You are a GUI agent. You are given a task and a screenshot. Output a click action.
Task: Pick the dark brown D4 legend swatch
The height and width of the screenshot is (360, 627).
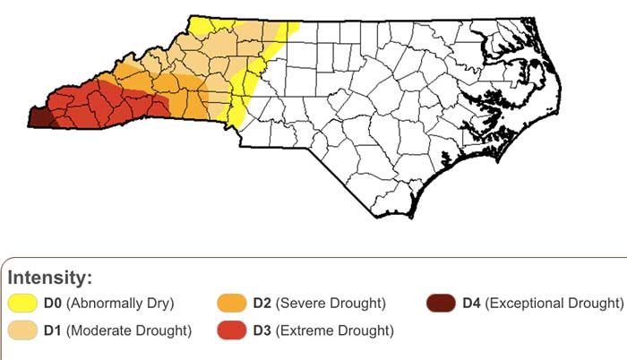click(442, 303)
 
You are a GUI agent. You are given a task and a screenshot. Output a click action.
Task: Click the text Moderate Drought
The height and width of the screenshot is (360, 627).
click(131, 331)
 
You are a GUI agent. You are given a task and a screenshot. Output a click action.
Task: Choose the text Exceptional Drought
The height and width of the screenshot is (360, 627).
click(554, 304)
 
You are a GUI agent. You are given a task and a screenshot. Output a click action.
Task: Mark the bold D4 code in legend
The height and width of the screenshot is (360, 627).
click(472, 304)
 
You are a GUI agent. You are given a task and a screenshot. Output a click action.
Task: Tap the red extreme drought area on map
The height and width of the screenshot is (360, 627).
click(90, 107)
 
